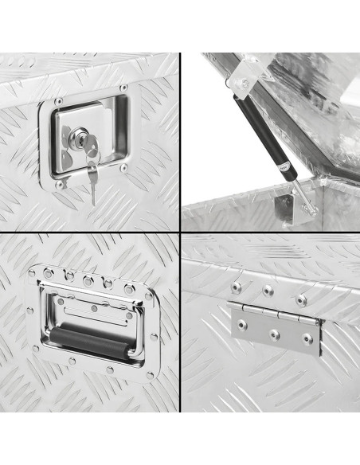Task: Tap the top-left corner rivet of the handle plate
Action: click(x=33, y=273)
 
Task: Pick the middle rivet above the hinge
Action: click(x=268, y=291)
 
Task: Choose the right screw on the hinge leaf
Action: click(x=306, y=339)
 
